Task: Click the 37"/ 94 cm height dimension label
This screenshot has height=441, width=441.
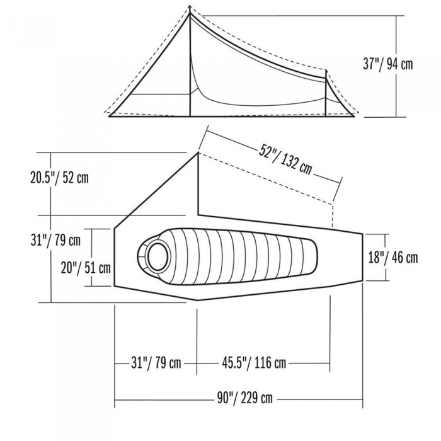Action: (388, 64)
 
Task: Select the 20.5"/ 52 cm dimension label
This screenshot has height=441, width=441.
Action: (59, 178)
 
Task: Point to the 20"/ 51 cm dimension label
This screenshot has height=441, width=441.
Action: (86, 268)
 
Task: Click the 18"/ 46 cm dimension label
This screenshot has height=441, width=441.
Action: (393, 258)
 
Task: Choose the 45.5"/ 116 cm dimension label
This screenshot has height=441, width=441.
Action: (254, 363)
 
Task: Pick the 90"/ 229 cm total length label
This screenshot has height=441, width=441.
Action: (244, 398)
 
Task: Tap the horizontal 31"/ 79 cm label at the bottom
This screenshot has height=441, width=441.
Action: (156, 363)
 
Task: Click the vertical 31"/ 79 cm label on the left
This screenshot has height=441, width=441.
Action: (55, 241)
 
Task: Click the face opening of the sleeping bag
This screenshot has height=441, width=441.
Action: (157, 256)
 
